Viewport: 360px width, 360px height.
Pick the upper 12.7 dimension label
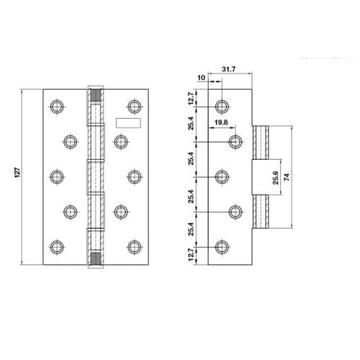pos(190,96)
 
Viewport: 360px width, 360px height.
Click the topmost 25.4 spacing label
pos(190,123)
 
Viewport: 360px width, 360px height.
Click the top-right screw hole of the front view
pos(132,106)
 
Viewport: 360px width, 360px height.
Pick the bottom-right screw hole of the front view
pos(132,246)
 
